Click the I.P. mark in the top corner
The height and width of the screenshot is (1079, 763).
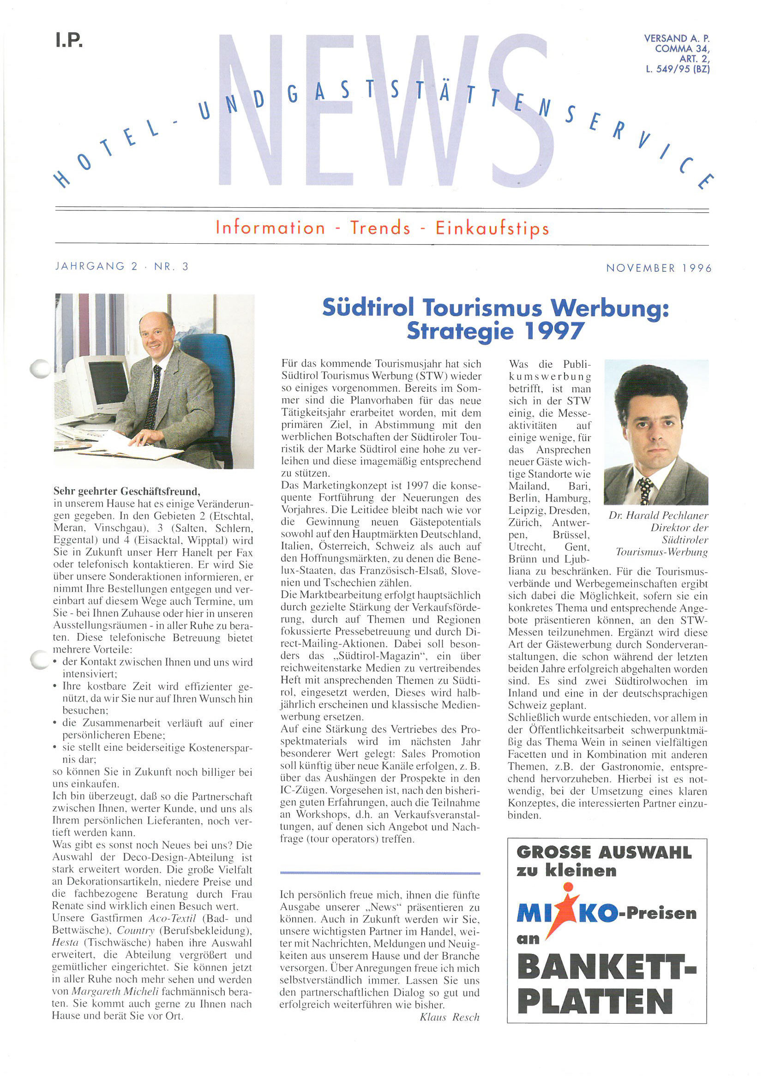click(69, 40)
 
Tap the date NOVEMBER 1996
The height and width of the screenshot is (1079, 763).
click(659, 268)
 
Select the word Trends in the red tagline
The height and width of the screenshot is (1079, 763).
click(380, 228)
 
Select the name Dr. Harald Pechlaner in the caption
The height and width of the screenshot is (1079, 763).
click(658, 516)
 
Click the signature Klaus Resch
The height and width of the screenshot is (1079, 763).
click(450, 1018)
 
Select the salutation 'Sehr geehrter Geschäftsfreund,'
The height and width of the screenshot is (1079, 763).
click(127, 492)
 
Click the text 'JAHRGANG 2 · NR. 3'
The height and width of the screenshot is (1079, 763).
click(122, 266)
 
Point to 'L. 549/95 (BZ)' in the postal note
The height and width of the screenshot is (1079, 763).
click(678, 69)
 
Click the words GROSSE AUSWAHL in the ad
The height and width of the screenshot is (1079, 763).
click(604, 852)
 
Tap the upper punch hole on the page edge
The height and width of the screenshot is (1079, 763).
click(41, 368)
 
